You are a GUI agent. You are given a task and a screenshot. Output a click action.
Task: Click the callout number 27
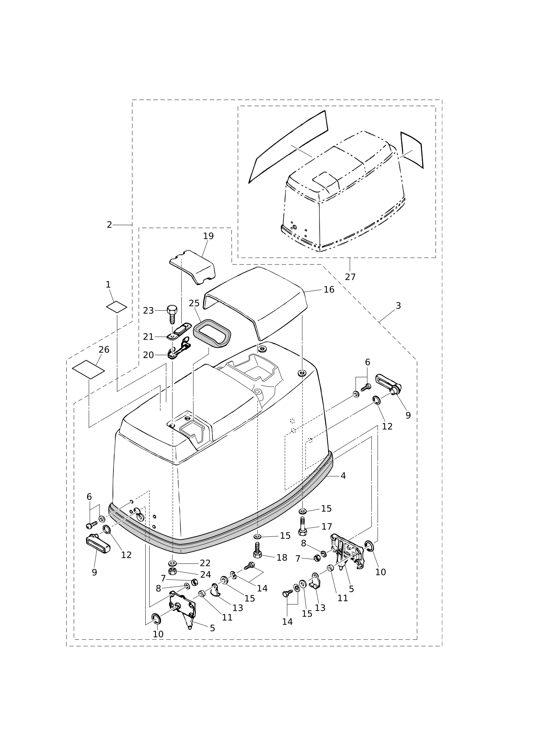pyautogui.click(x=350, y=277)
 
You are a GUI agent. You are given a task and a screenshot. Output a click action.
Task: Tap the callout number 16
pyautogui.click(x=329, y=289)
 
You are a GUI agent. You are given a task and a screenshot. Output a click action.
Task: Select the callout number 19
pyautogui.click(x=208, y=236)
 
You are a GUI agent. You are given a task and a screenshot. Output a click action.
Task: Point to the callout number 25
pyautogui.click(x=194, y=303)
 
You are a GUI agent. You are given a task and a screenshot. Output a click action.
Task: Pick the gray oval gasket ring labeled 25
pyautogui.click(x=212, y=333)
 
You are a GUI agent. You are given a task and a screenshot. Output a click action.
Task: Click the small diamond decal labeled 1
pyautogui.click(x=116, y=307)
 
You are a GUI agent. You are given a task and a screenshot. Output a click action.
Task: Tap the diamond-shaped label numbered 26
pyautogui.click(x=88, y=369)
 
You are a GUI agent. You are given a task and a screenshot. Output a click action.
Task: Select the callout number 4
pyautogui.click(x=343, y=476)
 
